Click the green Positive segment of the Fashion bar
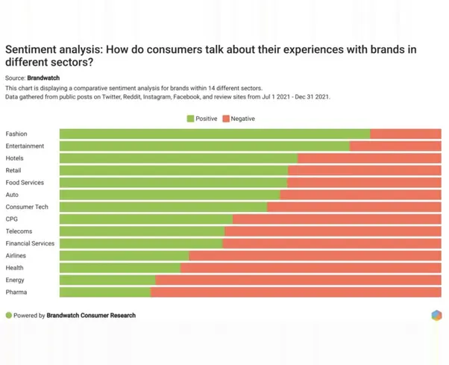pos(215,134)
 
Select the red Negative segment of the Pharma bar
pos(295,292)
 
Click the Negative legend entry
pos(237,119)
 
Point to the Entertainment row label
pos(25,146)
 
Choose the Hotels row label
pos(15,158)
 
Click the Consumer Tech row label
pos(27,207)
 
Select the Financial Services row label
pos(30,243)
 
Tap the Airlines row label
pos(16,255)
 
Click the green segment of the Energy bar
pos(107,280)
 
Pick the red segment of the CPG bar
pos(336,219)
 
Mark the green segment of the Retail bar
pos(173,170)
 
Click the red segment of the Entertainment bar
pos(395,146)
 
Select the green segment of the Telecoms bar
pos(142,231)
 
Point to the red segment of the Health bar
pos(310,267)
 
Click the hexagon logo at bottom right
pos(436,315)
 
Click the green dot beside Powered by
pos(9,316)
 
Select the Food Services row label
pos(25,182)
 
